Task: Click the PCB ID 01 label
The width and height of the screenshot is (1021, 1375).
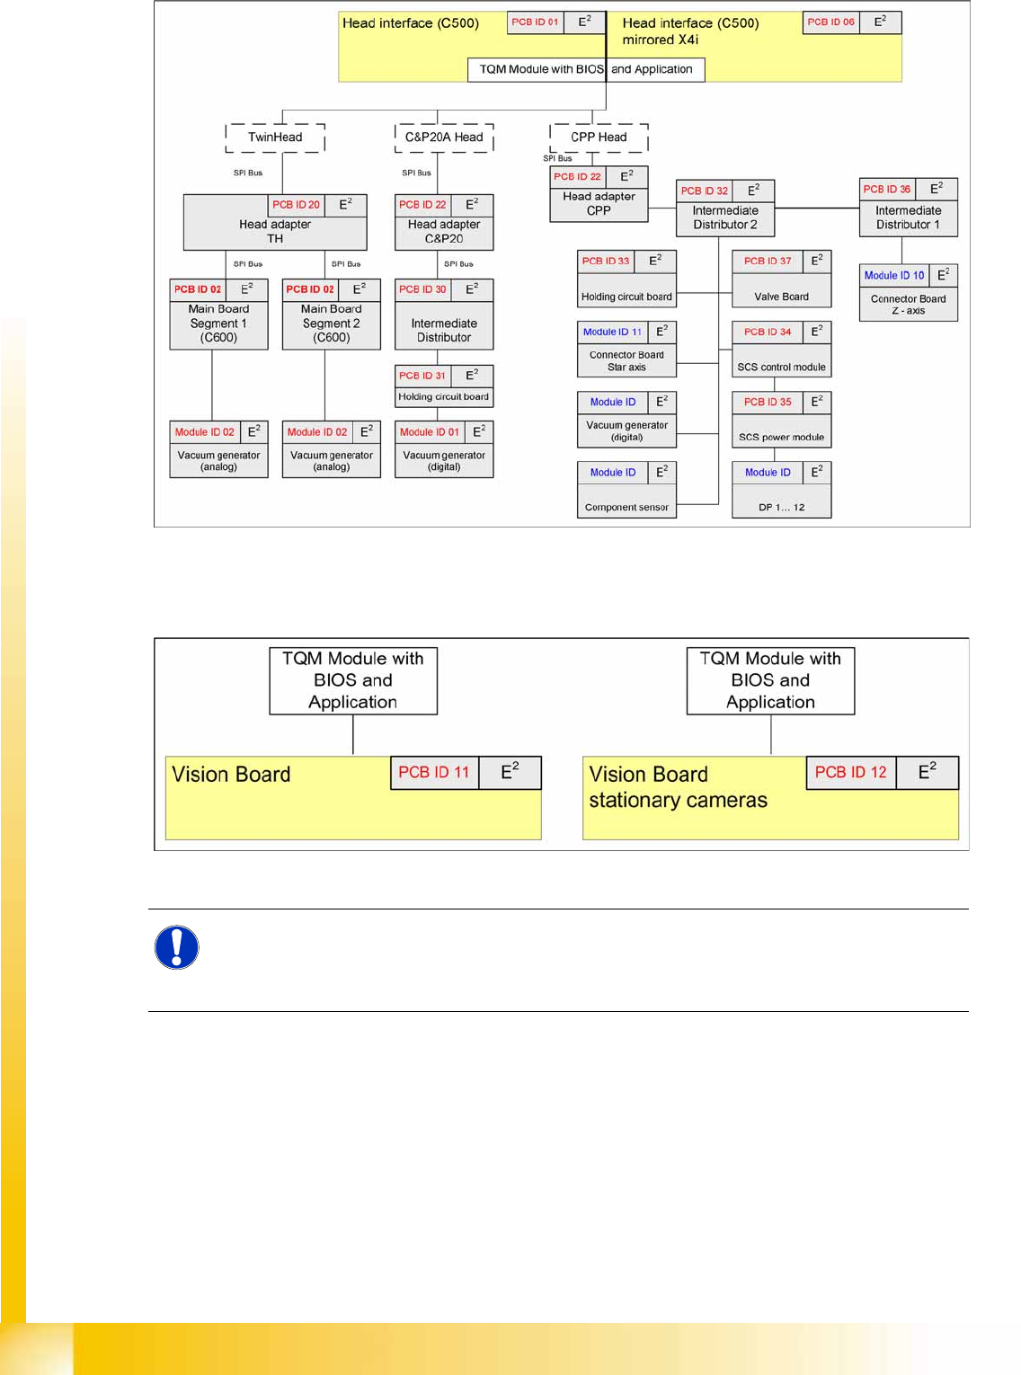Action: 535,22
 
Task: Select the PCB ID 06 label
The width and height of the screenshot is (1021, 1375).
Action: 830,22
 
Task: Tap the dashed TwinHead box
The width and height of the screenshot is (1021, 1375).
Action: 275,137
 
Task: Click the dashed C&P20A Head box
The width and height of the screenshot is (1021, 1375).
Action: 444,137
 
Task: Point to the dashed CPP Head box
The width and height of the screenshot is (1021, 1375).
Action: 599,137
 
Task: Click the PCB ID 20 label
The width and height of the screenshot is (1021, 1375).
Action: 296,205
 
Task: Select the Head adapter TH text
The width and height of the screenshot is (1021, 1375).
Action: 275,232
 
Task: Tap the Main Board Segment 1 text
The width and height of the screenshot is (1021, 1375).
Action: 218,324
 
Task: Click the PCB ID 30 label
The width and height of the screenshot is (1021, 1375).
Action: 422,289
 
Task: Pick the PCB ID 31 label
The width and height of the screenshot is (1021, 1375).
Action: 422,376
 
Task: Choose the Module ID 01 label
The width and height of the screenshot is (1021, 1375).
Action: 430,432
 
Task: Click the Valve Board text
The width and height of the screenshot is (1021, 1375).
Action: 781,297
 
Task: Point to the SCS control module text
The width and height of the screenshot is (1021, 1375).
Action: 781,368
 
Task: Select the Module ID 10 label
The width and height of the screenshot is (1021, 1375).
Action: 894,276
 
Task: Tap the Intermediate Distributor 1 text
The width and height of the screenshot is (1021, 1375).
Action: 908,218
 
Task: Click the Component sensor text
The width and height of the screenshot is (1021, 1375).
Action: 626,508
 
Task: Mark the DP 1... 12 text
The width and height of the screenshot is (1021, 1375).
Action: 781,508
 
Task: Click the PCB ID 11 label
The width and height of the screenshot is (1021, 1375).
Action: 434,773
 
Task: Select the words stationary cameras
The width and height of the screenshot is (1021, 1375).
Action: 678,801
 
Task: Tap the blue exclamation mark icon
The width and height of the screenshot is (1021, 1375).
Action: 177,948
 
